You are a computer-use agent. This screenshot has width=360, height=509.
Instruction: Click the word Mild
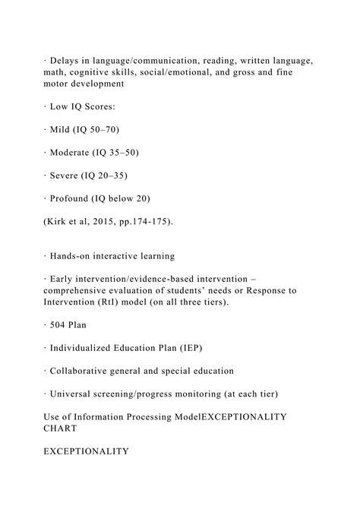point(64,130)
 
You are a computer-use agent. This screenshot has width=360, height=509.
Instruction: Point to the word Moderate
point(75,153)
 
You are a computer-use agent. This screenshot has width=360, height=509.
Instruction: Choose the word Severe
point(68,175)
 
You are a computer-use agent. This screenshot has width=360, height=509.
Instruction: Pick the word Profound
point(74,199)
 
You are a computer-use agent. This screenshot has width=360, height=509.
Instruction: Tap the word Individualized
point(90,349)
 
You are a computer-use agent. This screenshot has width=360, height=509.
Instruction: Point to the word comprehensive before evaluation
point(81,291)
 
